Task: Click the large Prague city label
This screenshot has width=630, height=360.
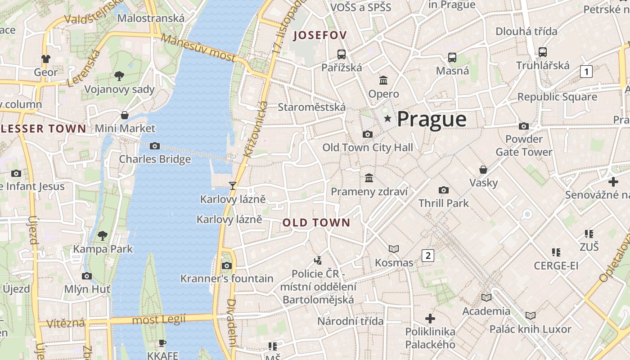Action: tap(432, 119)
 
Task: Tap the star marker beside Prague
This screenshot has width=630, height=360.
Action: tap(387, 118)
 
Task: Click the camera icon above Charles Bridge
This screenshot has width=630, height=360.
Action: tap(154, 146)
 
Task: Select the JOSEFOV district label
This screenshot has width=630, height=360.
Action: tap(320, 36)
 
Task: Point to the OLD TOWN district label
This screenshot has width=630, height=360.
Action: tap(316, 222)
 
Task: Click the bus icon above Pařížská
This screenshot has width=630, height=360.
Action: tap(342, 54)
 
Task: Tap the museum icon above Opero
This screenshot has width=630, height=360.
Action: tap(383, 81)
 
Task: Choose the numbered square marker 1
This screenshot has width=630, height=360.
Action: tap(586, 71)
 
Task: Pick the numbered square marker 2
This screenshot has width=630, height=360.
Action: tap(427, 256)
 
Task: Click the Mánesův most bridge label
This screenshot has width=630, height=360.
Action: tap(198, 48)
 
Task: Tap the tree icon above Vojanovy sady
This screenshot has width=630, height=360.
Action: tap(119, 76)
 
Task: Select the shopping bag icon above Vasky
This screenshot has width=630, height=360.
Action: tap(483, 170)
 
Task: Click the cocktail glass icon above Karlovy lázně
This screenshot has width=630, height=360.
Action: tap(233, 185)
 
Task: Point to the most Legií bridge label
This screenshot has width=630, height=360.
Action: tap(159, 320)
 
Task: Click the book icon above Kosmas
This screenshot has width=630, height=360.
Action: tap(394, 249)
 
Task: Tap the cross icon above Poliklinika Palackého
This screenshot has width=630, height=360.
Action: tap(430, 319)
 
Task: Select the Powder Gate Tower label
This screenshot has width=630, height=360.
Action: tap(524, 145)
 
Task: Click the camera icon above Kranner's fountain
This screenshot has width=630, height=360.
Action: tap(227, 265)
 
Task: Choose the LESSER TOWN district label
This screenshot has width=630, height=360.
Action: tap(43, 129)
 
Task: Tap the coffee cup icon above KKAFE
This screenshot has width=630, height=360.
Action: tap(162, 343)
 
